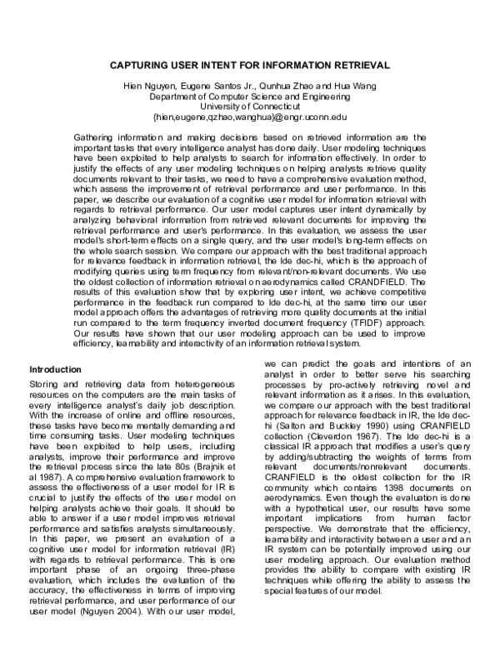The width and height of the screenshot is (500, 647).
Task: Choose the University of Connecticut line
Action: pos(249,108)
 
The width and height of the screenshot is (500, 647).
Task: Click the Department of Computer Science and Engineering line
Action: pos(249,97)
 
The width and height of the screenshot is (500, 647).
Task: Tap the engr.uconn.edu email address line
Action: pos(249,118)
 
